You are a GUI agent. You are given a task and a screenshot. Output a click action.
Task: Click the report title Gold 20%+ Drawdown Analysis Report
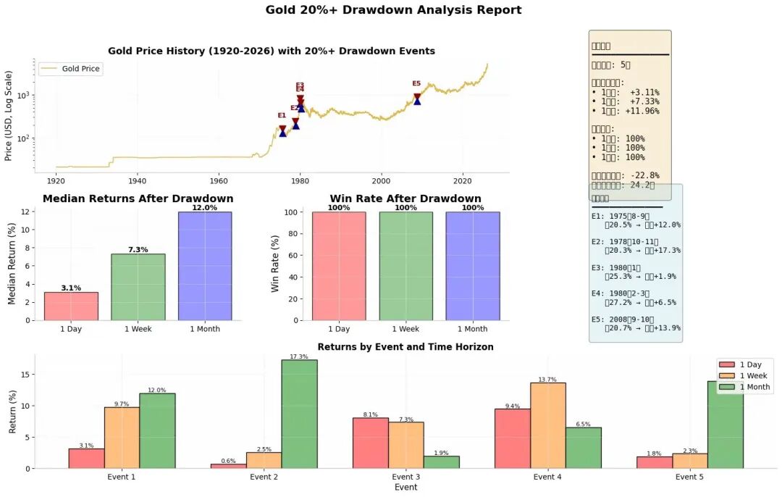click(x=393, y=10)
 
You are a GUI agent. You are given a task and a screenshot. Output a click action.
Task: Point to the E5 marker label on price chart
click(x=416, y=84)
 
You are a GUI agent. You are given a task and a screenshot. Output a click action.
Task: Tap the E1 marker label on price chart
click(x=282, y=115)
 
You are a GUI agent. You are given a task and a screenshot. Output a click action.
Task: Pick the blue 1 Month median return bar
click(x=205, y=266)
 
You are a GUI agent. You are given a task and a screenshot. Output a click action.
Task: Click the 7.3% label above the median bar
click(x=138, y=250)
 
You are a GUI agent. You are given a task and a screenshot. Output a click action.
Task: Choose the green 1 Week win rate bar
click(x=405, y=266)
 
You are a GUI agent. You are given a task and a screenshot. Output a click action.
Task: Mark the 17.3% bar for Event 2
click(x=299, y=414)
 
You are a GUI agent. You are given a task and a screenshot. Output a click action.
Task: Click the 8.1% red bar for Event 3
click(x=370, y=443)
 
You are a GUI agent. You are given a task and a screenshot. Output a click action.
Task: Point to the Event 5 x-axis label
click(x=689, y=477)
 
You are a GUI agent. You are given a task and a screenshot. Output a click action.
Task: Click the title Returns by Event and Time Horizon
click(x=405, y=347)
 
